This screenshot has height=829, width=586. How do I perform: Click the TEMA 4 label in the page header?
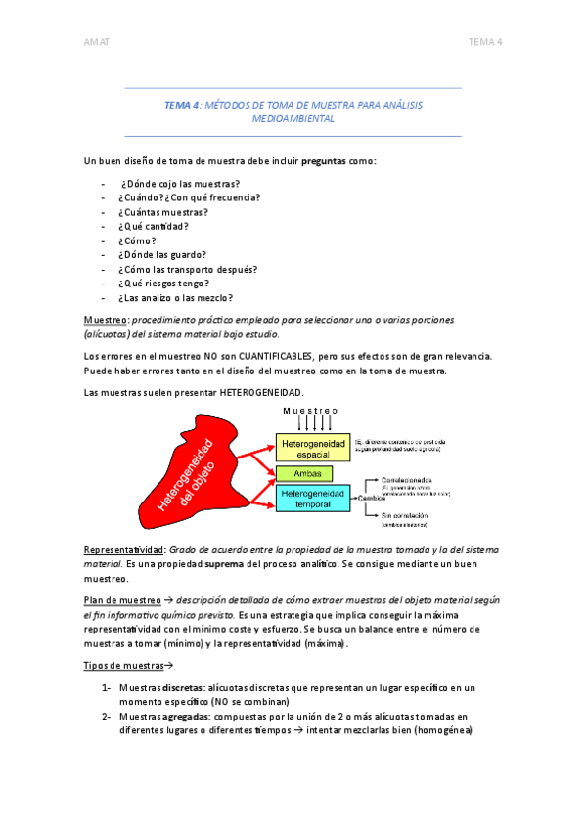tap(485, 41)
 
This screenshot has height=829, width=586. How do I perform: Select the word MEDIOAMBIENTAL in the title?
tap(293, 118)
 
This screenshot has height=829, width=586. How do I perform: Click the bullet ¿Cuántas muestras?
tap(163, 212)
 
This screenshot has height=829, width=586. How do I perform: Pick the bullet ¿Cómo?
tap(138, 240)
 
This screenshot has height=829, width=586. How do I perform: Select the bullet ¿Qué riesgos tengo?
tap(163, 284)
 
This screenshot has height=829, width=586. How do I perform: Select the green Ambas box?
tap(304, 473)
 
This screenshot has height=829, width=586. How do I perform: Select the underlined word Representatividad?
tap(122, 549)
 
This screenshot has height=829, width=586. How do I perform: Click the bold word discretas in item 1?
tap(183, 688)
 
